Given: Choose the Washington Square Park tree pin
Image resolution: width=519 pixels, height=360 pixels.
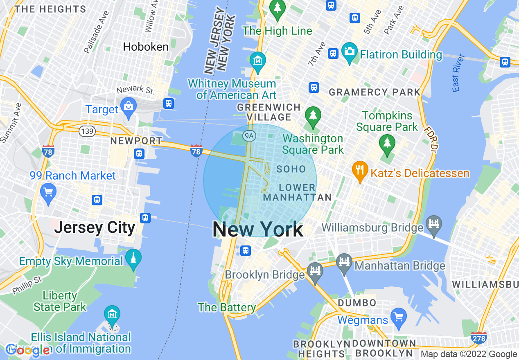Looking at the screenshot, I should [x=313, y=116].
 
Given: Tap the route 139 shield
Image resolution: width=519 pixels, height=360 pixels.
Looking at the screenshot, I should [x=87, y=131].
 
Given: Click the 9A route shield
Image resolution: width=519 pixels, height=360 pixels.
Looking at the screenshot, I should [x=248, y=135].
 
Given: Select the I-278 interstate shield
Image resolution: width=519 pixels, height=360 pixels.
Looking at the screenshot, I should [x=478, y=338].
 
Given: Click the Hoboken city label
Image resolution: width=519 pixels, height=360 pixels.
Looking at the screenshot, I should [x=146, y=47].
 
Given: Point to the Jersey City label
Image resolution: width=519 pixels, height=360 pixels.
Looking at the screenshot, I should [x=95, y=227].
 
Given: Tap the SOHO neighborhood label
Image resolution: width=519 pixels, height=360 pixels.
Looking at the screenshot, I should [x=291, y=169].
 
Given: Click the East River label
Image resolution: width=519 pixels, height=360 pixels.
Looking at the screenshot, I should [x=458, y=73].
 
